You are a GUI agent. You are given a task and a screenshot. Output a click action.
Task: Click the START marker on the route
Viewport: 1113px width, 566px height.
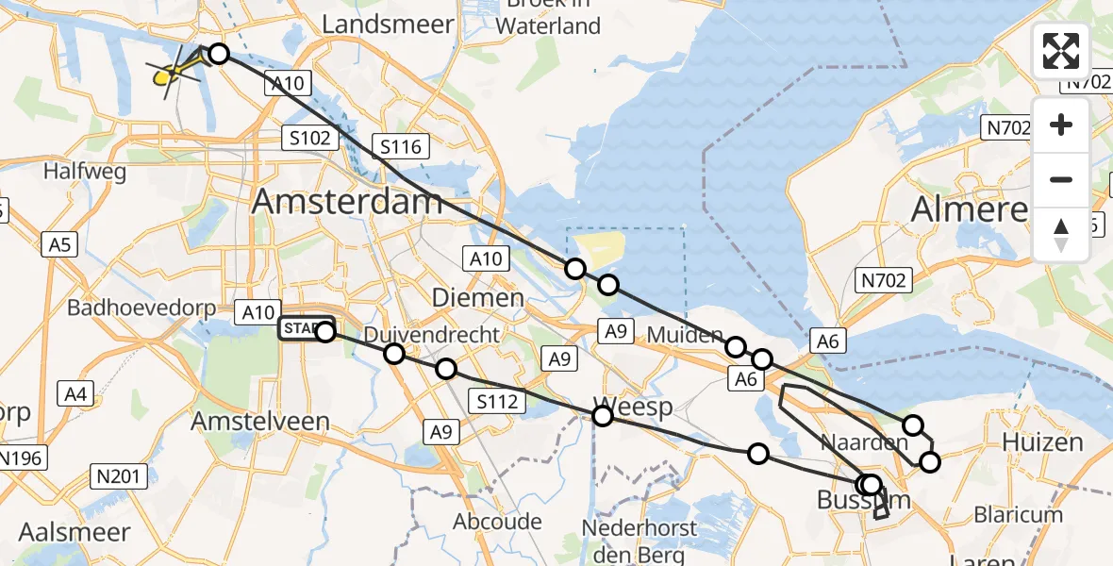pyautogui.click(x=300, y=329)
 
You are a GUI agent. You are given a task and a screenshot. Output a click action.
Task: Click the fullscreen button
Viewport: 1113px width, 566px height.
pyautogui.click(x=1061, y=51)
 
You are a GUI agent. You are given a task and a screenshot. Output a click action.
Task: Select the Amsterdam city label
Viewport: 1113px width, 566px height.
pyautogui.click(x=347, y=201)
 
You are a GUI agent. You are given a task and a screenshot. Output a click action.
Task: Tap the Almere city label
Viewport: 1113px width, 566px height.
pyautogui.click(x=969, y=209)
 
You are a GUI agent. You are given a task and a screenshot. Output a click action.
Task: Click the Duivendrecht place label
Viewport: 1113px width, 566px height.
pyautogui.click(x=431, y=335)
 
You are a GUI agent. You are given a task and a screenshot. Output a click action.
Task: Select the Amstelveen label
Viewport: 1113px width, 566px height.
pyautogui.click(x=260, y=422)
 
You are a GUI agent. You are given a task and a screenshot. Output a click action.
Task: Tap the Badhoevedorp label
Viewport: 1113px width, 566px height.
pyautogui.click(x=136, y=308)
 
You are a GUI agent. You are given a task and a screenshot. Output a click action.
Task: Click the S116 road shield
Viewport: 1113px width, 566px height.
pyautogui.click(x=401, y=146)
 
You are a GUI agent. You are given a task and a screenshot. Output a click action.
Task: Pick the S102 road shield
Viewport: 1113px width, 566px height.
pyautogui.click(x=309, y=139)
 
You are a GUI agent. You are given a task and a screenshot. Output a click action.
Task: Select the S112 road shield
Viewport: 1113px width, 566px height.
pyautogui.click(x=496, y=402)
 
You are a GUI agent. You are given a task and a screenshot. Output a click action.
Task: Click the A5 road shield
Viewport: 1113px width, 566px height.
pyautogui.click(x=58, y=245)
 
